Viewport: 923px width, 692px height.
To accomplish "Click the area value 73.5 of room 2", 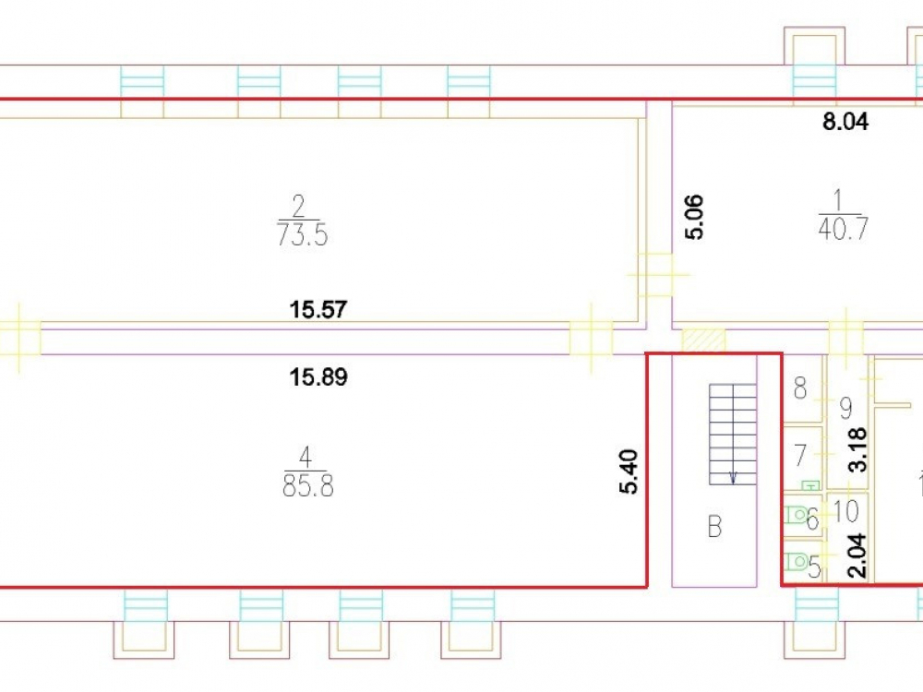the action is pyautogui.click(x=302, y=235).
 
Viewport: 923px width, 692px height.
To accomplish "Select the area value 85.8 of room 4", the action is pyautogui.click(x=308, y=486).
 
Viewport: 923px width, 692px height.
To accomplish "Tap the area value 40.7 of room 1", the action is pyautogui.click(x=843, y=228).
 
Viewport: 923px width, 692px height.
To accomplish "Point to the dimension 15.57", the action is pyautogui.click(x=318, y=309).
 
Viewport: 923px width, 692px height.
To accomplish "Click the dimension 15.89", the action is pyautogui.click(x=318, y=376).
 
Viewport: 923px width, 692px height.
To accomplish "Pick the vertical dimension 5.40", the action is pyautogui.click(x=629, y=471).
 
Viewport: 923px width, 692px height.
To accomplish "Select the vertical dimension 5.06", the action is pyautogui.click(x=694, y=217).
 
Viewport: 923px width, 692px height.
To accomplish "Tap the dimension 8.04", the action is pyautogui.click(x=845, y=122).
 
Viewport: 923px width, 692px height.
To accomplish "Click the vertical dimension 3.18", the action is pyautogui.click(x=858, y=449).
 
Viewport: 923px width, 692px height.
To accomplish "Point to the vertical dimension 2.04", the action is pyautogui.click(x=858, y=555).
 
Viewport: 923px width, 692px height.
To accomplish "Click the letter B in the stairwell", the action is pyautogui.click(x=714, y=527).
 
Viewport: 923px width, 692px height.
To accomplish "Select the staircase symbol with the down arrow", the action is pyautogui.click(x=733, y=435).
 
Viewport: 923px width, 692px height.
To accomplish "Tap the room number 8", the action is pyautogui.click(x=800, y=388).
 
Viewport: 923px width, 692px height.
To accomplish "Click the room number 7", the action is pyautogui.click(x=799, y=455).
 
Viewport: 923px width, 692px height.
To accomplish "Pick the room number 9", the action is pyautogui.click(x=845, y=408).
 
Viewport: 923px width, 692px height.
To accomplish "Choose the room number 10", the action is pyautogui.click(x=846, y=511).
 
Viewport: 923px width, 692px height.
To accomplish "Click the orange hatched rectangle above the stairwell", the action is pyautogui.click(x=703, y=341).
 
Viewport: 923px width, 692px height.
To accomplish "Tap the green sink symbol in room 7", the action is pyautogui.click(x=811, y=485).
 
